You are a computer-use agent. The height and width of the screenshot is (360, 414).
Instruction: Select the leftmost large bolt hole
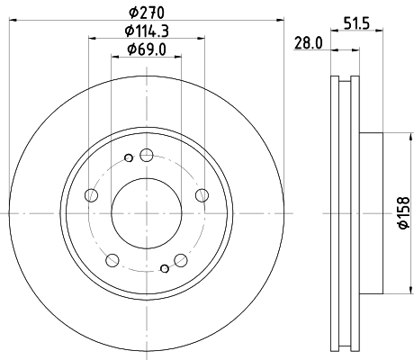pos(90,195)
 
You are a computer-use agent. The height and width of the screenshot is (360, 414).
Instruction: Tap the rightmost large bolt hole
pos(201,194)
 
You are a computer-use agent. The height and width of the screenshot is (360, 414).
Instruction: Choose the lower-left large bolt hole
pos(112,261)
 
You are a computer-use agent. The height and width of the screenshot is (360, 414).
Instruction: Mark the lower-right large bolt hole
pos(180,260)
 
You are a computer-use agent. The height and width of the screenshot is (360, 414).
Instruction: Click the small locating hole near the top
pos(129,159)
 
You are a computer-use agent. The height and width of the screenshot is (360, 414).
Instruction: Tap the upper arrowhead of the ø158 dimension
pos(392,137)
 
